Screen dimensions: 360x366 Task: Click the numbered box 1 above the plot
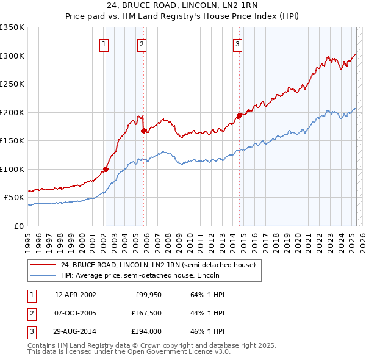click(105, 44)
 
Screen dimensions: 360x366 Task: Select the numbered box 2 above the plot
click(142, 44)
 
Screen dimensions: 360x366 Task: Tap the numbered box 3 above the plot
click(237, 44)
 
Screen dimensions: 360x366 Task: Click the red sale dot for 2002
click(106, 170)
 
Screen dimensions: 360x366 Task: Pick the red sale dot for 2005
click(143, 131)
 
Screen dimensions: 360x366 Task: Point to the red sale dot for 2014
click(239, 115)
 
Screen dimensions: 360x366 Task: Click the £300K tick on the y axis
click(12, 56)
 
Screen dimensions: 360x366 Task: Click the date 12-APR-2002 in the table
click(75, 295)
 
